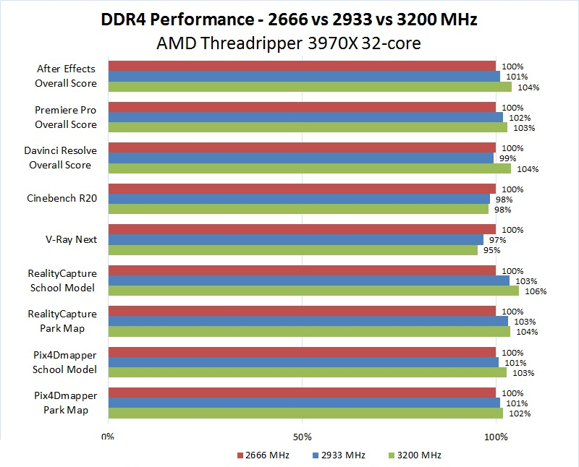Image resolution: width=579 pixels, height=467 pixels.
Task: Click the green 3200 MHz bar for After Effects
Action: tap(310, 87)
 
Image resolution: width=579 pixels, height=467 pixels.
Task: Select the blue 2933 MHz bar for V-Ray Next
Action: tap(295, 239)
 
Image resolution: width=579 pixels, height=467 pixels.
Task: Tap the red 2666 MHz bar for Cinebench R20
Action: tap(302, 189)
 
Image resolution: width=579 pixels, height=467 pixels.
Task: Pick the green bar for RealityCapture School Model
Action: tap(313, 291)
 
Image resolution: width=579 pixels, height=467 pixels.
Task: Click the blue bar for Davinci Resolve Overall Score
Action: tap(300, 158)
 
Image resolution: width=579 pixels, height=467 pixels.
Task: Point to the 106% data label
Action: tap(536, 291)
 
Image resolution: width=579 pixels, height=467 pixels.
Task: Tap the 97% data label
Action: tap(497, 240)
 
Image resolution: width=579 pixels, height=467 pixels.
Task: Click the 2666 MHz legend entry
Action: tap(263, 455)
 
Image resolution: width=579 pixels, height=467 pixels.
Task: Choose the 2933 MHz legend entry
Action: tap(339, 455)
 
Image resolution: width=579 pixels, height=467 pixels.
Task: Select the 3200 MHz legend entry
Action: tap(415, 455)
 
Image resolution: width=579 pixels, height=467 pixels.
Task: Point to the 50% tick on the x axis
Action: tap(302, 437)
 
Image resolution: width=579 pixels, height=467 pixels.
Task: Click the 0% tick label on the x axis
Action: tap(108, 437)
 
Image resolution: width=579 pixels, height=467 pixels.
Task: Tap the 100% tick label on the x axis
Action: tap(496, 437)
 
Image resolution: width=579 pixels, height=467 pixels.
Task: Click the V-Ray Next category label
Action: tap(72, 239)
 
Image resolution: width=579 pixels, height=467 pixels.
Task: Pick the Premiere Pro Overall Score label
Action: tap(65, 117)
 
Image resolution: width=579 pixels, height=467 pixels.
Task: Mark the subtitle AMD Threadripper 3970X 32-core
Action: tap(289, 43)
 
